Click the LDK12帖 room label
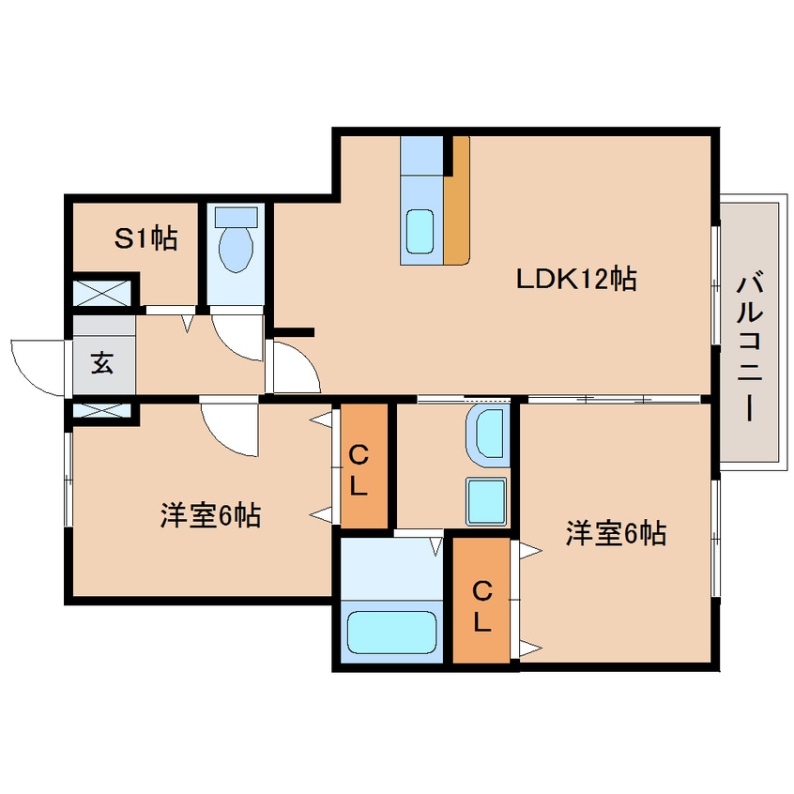coord(576,279)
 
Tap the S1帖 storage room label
coord(145,239)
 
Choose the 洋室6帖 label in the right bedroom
coord(615,534)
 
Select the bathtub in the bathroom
coord(391,633)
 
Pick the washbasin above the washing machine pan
coord(487,436)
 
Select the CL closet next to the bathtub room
coord(481,605)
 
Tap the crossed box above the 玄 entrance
coord(103,292)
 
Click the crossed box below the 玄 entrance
coord(103,410)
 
